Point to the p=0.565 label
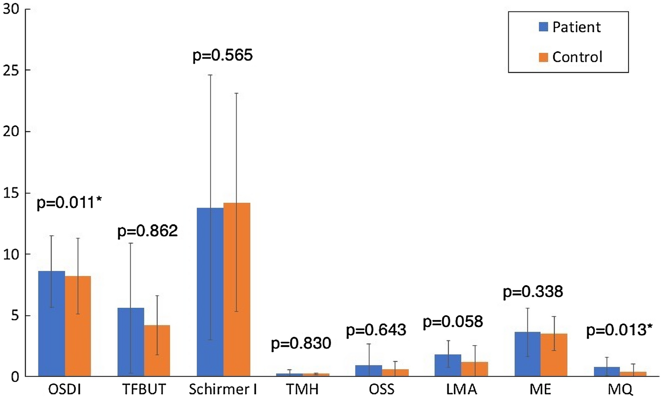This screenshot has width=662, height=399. point(223,56)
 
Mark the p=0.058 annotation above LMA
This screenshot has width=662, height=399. point(453,322)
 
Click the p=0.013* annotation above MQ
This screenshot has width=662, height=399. point(619,330)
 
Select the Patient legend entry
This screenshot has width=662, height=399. point(570,27)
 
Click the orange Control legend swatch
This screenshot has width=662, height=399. point(544,57)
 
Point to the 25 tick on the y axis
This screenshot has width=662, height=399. point(11,70)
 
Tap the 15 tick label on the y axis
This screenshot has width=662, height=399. point(11,193)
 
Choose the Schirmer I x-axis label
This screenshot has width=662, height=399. point(223,389)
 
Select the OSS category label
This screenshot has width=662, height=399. point(382,389)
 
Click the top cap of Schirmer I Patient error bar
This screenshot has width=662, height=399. point(210,75)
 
